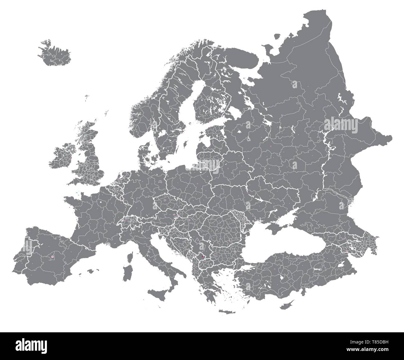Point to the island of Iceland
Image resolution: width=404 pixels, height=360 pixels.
[x=55, y=53]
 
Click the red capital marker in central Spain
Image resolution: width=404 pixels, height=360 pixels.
[x=53, y=257]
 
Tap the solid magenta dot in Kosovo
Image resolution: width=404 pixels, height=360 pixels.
[x=203, y=256]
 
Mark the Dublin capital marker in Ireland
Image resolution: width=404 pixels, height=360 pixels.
[x=71, y=159]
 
